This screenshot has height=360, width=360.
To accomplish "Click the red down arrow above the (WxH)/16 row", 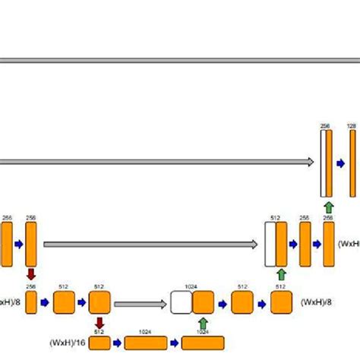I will click(x=99, y=323).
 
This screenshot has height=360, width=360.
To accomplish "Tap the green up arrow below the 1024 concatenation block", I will click(x=203, y=323).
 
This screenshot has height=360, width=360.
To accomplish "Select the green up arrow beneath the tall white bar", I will click(x=327, y=207).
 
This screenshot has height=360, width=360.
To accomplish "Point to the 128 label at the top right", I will click(x=351, y=126).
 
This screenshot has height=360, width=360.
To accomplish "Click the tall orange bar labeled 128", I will click(x=352, y=163).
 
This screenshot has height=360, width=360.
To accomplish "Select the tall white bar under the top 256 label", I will click(x=323, y=163).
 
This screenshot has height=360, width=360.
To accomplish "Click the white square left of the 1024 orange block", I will click(x=181, y=303).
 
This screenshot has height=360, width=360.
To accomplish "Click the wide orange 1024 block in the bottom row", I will click(x=146, y=343).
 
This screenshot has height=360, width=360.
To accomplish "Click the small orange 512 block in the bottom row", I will click(x=99, y=343).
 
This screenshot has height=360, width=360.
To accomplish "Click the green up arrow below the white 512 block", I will click(x=281, y=274).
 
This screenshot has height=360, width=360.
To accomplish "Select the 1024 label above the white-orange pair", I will click(x=191, y=287).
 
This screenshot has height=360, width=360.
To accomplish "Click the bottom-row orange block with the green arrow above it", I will click(x=203, y=343).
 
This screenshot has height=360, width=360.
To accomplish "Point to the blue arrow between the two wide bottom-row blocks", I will click(x=175, y=343).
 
